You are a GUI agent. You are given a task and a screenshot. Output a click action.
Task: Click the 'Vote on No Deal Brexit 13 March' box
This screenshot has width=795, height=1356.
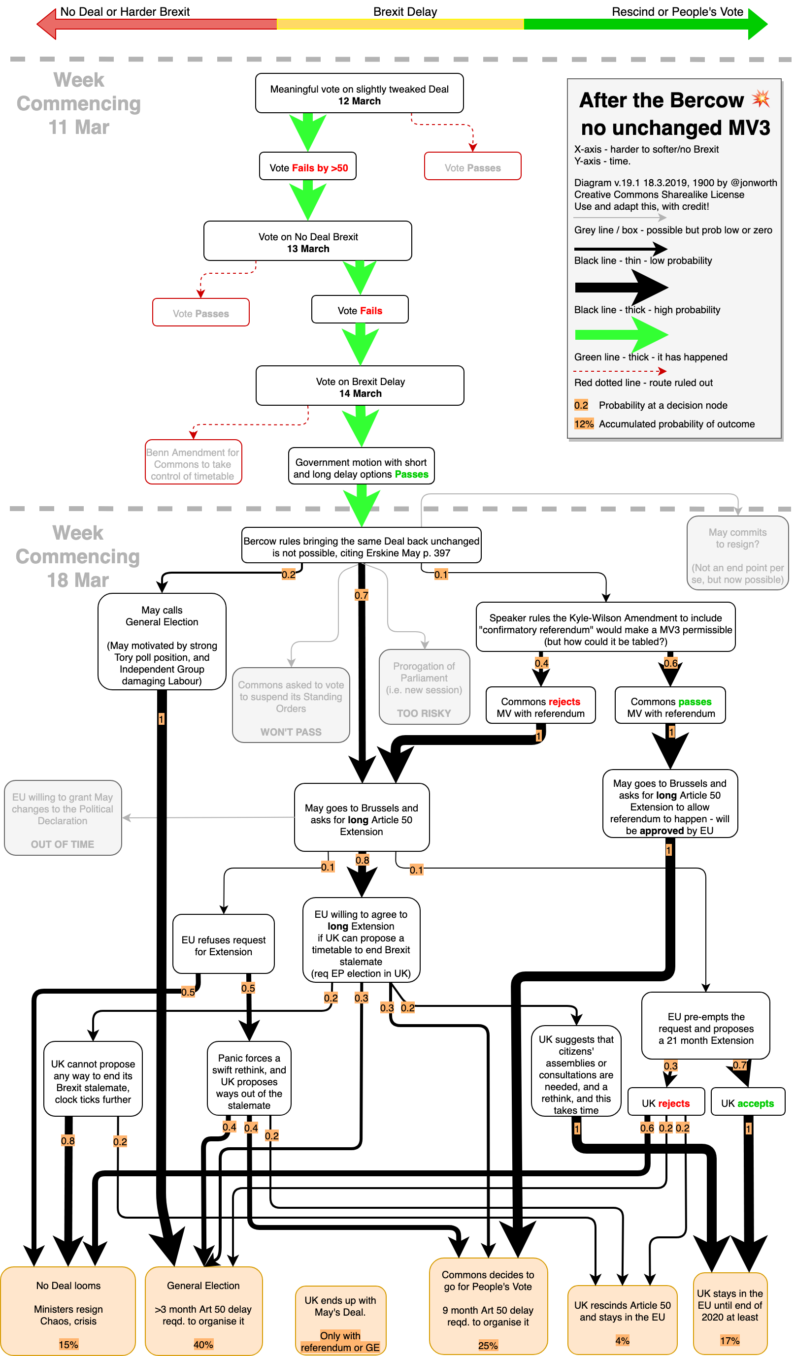tap(307, 241)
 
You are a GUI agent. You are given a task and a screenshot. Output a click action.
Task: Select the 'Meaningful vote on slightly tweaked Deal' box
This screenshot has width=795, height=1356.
tap(359, 94)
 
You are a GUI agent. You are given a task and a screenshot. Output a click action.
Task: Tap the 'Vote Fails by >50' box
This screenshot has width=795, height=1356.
tap(308, 167)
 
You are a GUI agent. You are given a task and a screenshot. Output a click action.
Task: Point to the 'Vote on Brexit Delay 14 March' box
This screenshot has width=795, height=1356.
tap(360, 386)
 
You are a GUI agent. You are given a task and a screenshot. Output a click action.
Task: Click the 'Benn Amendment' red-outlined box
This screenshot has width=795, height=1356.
tap(193, 463)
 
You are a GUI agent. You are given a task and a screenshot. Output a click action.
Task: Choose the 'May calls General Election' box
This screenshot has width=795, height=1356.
tap(162, 642)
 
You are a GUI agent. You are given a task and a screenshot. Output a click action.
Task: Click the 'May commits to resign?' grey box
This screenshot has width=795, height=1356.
tap(737, 553)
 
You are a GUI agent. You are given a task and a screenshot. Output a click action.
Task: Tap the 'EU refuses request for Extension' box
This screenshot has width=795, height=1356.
tap(223, 944)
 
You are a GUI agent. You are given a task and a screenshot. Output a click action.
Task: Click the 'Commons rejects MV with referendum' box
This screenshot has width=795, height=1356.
tap(540, 706)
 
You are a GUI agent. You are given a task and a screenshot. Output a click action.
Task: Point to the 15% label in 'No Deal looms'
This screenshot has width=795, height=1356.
tap(68, 1344)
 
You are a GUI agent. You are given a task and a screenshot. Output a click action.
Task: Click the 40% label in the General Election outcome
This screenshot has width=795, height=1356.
tap(203, 1344)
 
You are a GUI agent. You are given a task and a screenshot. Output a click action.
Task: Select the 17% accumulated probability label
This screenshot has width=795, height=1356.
tap(729, 1339)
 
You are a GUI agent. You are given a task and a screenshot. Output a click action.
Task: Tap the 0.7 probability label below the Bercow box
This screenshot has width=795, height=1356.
tap(361, 595)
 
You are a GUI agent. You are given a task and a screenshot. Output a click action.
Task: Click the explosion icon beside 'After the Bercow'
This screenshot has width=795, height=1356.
tap(761, 98)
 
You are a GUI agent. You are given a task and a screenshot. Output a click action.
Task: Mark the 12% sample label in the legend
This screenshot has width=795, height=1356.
tap(584, 424)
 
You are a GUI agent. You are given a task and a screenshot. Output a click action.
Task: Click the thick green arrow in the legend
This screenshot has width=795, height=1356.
tap(621, 334)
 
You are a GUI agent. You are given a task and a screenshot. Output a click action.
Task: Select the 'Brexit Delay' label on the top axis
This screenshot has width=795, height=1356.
tap(405, 12)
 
